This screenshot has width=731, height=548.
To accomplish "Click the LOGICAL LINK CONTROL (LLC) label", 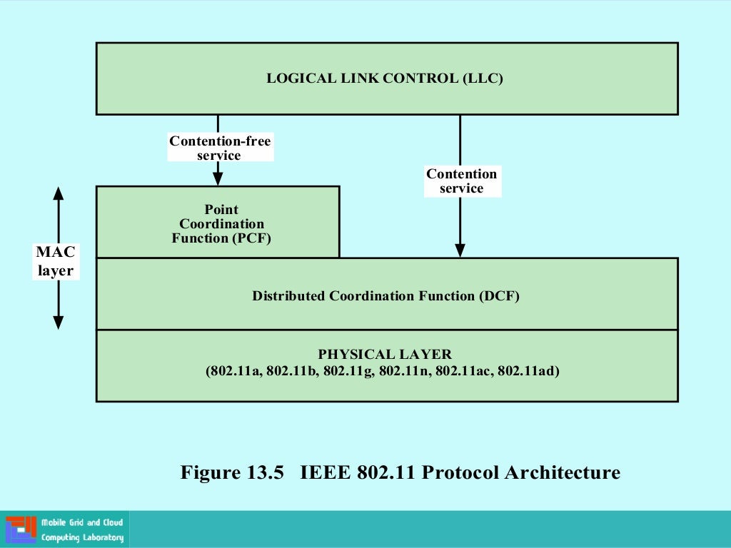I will pyautogui.click(x=385, y=78).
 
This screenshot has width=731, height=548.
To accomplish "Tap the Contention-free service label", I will pyautogui.click(x=220, y=148).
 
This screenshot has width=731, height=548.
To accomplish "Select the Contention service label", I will pyautogui.click(x=462, y=181).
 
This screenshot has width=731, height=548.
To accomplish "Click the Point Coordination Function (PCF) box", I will pyautogui.click(x=218, y=223).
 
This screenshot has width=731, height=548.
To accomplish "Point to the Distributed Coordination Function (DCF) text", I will pyautogui.click(x=385, y=295).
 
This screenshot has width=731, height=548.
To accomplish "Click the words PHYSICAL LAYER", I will pyautogui.click(x=385, y=355).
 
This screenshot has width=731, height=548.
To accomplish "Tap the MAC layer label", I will pyautogui.click(x=56, y=261).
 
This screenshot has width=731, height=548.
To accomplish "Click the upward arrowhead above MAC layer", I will pyautogui.click(x=59, y=193).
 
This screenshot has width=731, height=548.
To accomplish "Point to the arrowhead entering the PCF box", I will pyautogui.click(x=218, y=179).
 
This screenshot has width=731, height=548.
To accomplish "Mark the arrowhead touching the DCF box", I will pyautogui.click(x=460, y=250).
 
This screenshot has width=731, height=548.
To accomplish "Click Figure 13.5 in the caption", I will pyautogui.click(x=233, y=472).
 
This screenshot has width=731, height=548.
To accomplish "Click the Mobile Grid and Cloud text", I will pyautogui.click(x=82, y=523).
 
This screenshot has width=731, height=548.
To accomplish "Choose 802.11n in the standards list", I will pyautogui.click(x=404, y=371).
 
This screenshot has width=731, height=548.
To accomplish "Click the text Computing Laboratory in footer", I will pyautogui.click(x=82, y=538).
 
